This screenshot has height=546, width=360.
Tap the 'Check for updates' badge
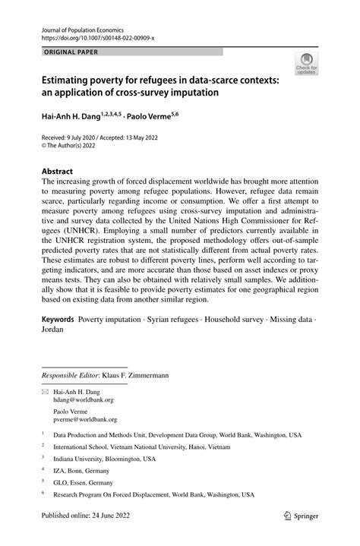[306, 63]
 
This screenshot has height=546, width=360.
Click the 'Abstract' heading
[57, 172]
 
